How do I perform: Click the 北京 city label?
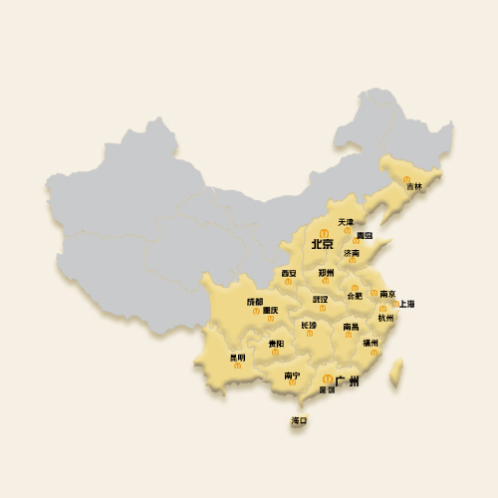pyautogui.click(x=322, y=244)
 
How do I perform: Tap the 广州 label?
pyautogui.click(x=347, y=380)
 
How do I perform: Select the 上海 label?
pyautogui.click(x=406, y=303)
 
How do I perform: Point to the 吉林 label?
pyautogui.click(x=413, y=186)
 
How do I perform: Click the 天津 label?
pyautogui.click(x=345, y=222)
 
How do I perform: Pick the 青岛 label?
pyautogui.click(x=365, y=236)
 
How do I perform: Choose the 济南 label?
pyautogui.click(x=353, y=253)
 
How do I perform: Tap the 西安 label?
pyautogui.click(x=288, y=272)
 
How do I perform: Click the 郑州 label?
pyautogui.click(x=326, y=272)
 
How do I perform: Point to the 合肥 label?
pyautogui.click(x=354, y=296)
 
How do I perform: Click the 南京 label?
pyautogui.click(x=387, y=294)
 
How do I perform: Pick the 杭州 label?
pyautogui.click(x=385, y=318)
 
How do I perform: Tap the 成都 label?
pyautogui.click(x=255, y=301)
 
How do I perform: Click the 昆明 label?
pyautogui.click(x=237, y=357)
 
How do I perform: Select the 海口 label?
pyautogui.click(x=299, y=421)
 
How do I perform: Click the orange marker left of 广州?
pyautogui.click(x=328, y=377)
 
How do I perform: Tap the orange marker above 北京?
pyautogui.click(x=323, y=233)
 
